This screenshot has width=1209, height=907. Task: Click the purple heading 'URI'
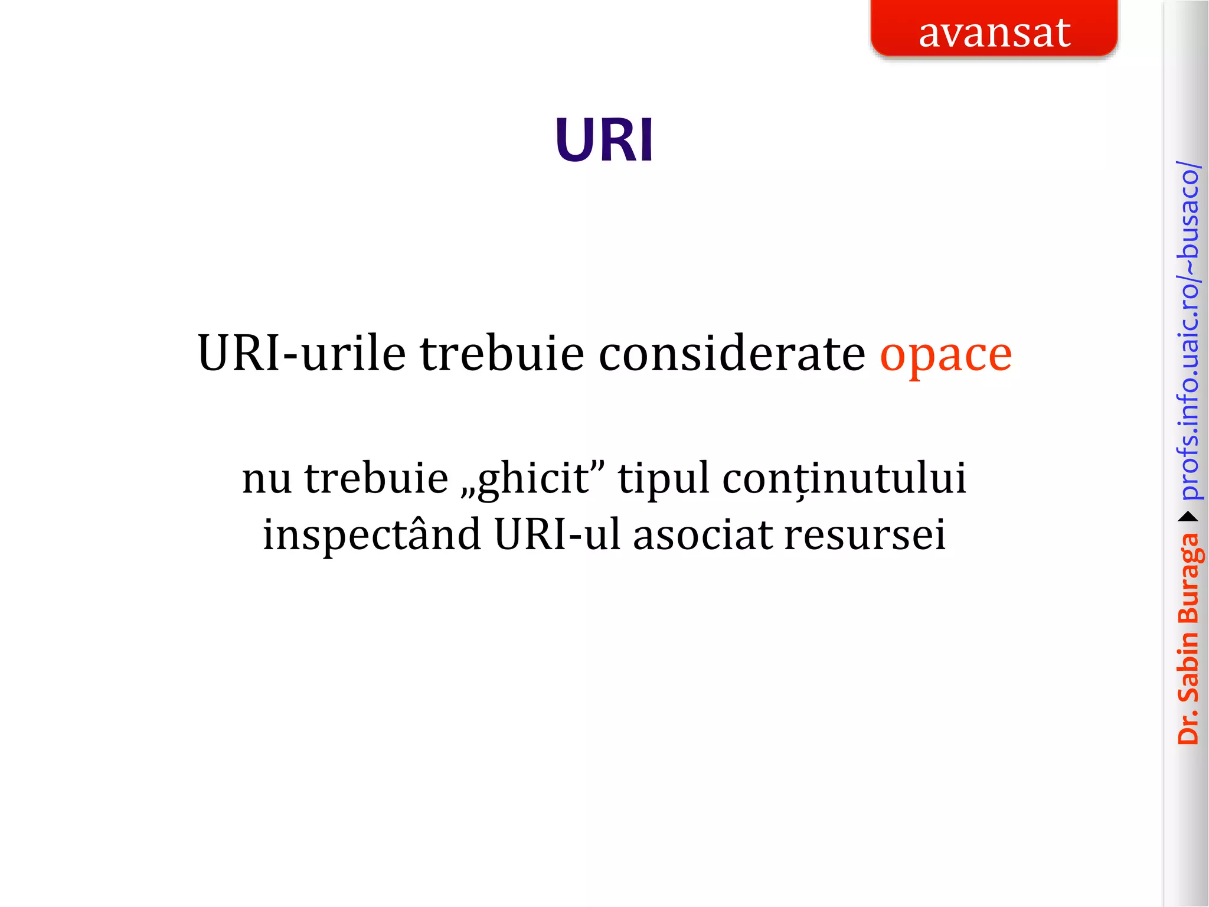[x=604, y=141]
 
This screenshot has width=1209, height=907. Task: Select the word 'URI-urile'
[x=302, y=354]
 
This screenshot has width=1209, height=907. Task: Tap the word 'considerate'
[x=732, y=354]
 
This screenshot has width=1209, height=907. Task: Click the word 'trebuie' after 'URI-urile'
[x=502, y=354]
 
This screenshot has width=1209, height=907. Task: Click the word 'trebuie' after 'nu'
[x=377, y=478]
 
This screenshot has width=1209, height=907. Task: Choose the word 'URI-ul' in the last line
[x=557, y=535]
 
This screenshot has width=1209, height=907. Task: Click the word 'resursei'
[x=865, y=535]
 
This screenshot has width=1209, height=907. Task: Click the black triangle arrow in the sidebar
[x=1188, y=517]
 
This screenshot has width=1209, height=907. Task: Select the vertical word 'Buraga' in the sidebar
[x=1188, y=579]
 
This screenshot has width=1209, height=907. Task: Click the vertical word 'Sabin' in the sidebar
[x=1188, y=667]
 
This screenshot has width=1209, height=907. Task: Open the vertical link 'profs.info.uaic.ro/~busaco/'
[x=1188, y=331]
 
